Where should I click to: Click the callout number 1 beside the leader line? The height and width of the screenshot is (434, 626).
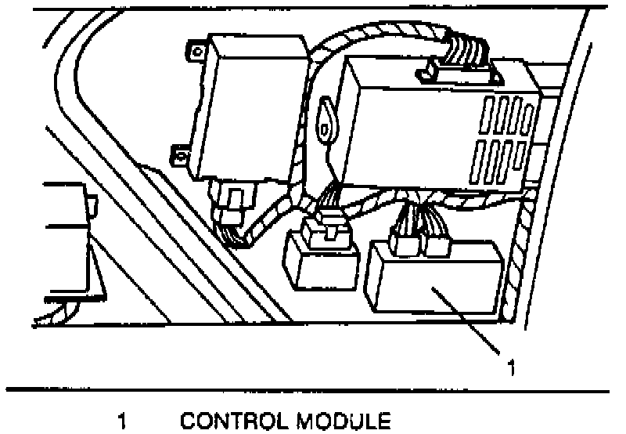click(x=510, y=366)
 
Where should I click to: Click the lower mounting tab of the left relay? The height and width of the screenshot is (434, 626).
click(x=182, y=156)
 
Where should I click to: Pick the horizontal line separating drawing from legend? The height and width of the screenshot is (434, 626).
click(x=313, y=389)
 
